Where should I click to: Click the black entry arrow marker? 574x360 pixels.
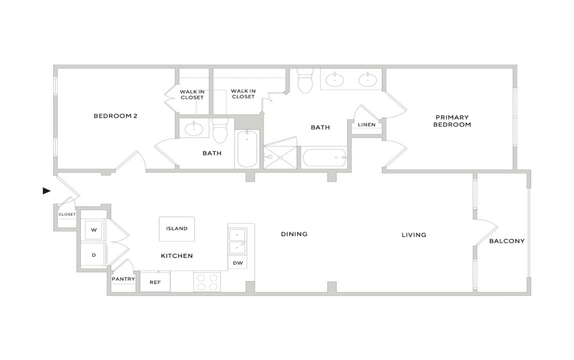[46, 191]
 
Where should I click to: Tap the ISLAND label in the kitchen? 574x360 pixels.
[177, 228]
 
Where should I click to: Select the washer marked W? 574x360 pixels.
[93, 230]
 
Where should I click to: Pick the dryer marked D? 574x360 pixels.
[93, 255]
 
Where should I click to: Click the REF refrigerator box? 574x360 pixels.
[155, 282]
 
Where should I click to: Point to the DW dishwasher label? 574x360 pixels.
[238, 263]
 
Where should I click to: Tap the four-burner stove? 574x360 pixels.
[207, 282]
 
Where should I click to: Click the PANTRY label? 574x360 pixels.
[123, 279]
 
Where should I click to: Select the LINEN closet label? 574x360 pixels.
[367, 125]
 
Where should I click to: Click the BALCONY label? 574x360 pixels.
[507, 241]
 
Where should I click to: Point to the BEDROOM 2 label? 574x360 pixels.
[115, 116]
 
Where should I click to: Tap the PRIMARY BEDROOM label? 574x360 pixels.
[452, 121]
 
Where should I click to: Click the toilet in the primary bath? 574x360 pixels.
[305, 81]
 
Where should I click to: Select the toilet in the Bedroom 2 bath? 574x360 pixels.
[220, 131]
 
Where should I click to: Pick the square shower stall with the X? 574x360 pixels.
[280, 157]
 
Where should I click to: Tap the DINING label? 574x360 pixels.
[294, 234]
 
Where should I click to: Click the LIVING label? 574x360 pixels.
[414, 235]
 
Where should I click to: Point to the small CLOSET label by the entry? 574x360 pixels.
[67, 214]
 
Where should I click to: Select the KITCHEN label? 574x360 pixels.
[177, 256]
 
